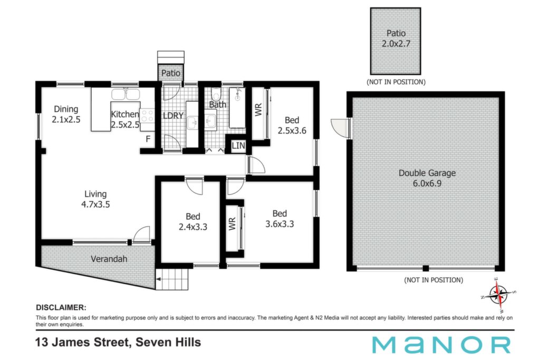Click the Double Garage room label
point(427,173)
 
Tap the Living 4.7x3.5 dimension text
point(95,205)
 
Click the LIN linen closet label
point(238,145)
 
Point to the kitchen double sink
point(126,94)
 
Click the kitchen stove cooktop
point(148,115)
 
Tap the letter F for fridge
point(148,139)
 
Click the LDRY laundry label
point(173,115)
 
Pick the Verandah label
point(109,259)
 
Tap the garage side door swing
point(340,128)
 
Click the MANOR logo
point(441,345)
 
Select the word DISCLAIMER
point(61,307)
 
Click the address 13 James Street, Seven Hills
point(118,343)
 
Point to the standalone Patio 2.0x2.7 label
point(396,38)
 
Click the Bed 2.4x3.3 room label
point(193,222)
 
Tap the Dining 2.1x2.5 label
point(66,114)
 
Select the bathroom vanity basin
point(210,121)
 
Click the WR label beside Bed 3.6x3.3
point(232,223)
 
